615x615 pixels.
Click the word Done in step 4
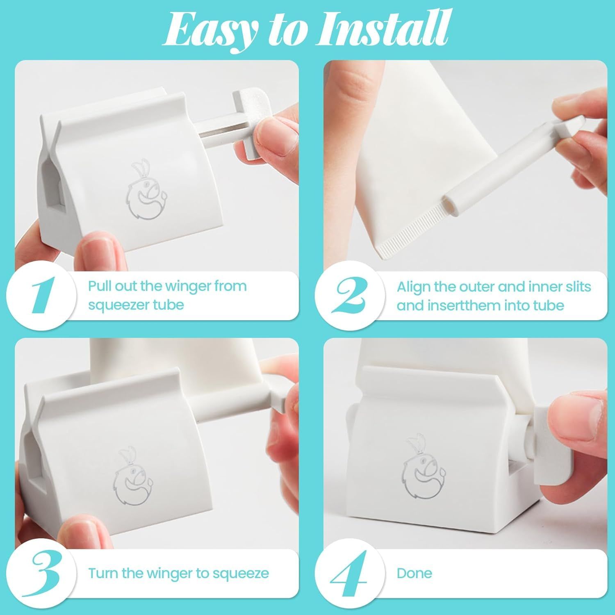(414, 573)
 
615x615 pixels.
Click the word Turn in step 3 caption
(103, 573)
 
